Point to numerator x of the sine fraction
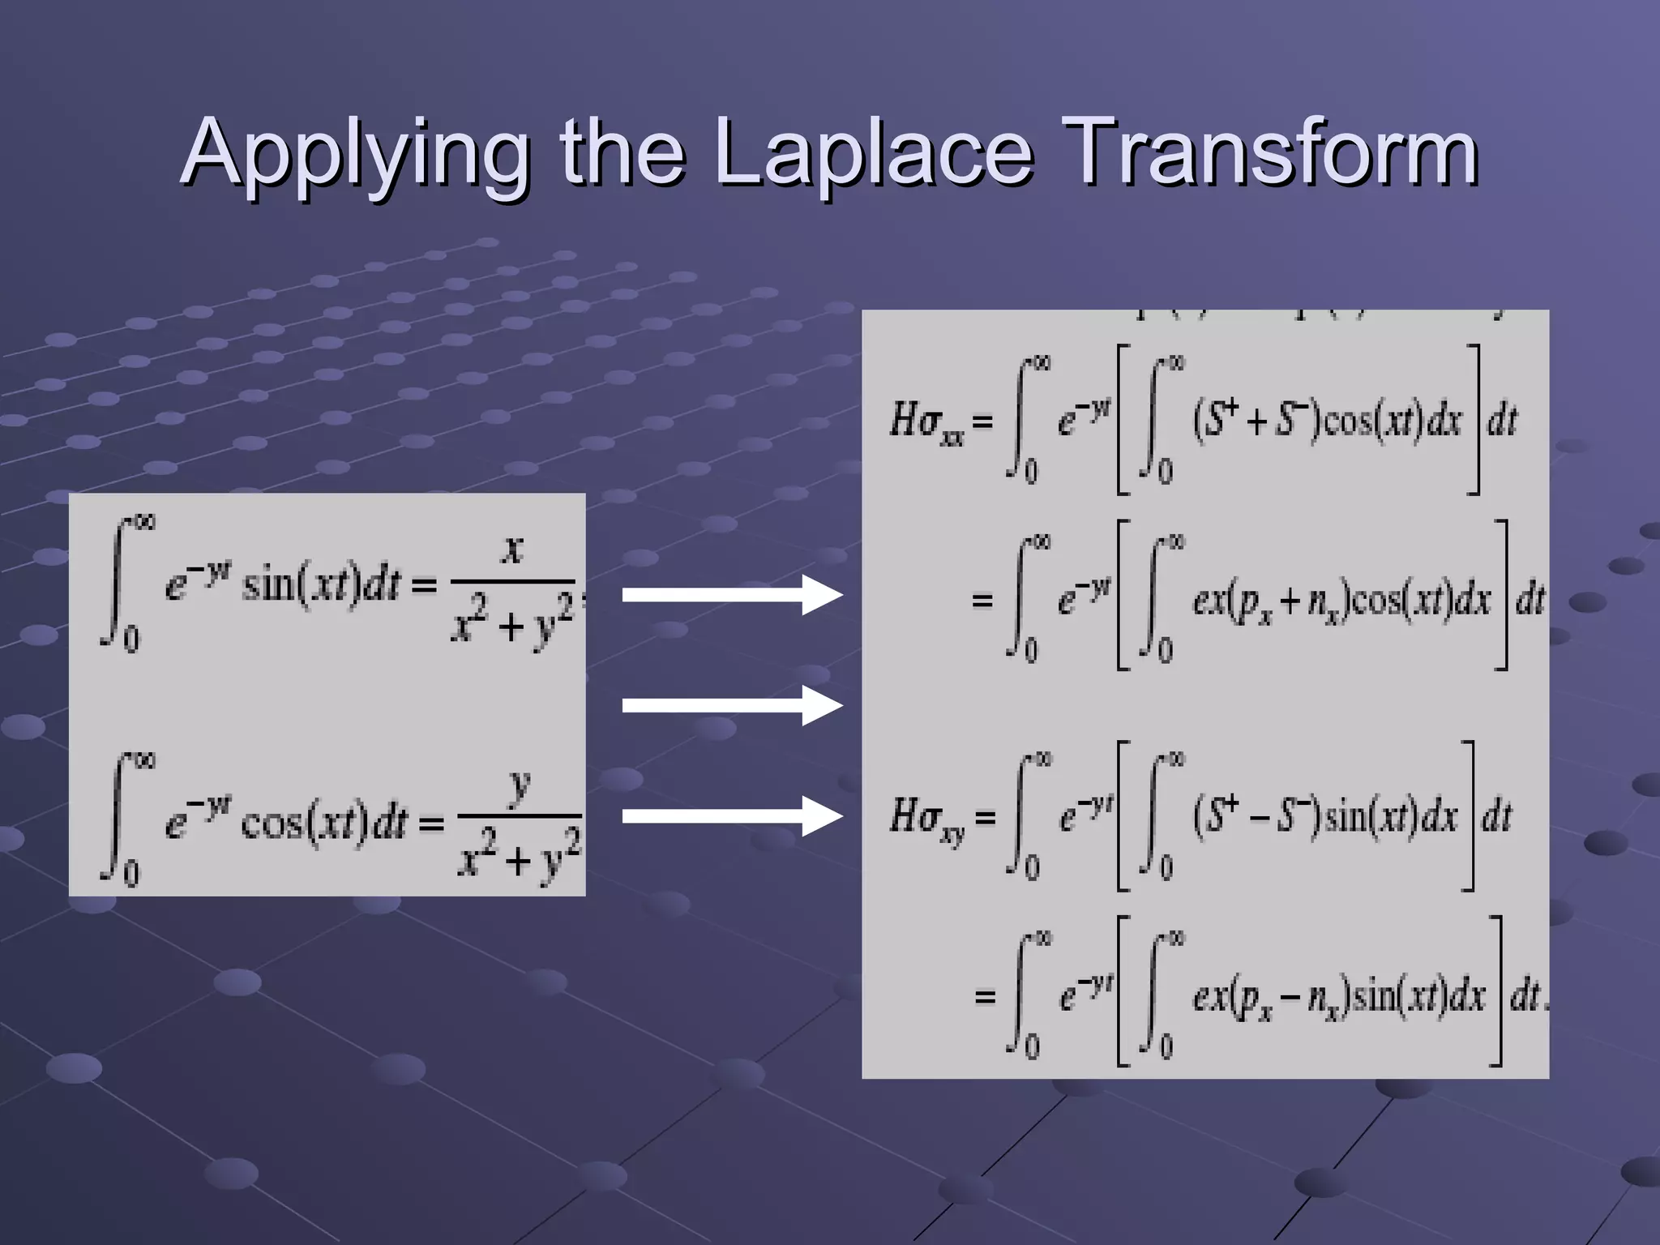click(x=512, y=550)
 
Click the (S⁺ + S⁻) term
click(x=1256, y=421)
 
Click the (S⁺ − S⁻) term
click(x=1256, y=817)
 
